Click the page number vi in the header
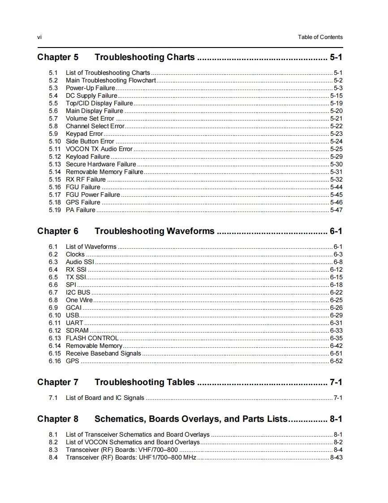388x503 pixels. pyautogui.click(x=39, y=37)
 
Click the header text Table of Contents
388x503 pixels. pyautogui.click(x=320, y=37)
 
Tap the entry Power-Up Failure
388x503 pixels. pyautogui.click(x=90, y=88)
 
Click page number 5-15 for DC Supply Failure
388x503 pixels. pyautogui.click(x=336, y=95)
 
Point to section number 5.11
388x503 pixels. pyautogui.click(x=55, y=149)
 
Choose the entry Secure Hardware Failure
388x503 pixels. pyautogui.click(x=101, y=164)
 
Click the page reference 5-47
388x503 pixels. pyautogui.click(x=336, y=210)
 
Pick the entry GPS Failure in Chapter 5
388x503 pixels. pyautogui.click(x=83, y=202)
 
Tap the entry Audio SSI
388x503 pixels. pyautogui.click(x=80, y=262)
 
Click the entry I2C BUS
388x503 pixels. pyautogui.click(x=78, y=292)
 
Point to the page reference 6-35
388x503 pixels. pyautogui.click(x=336, y=338)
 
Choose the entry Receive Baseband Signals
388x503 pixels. pyautogui.click(x=103, y=353)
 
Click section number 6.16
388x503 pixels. pyautogui.click(x=55, y=361)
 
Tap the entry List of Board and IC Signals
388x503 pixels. pyautogui.click(x=105, y=398)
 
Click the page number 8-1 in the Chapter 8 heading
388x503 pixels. pyautogui.click(x=336, y=419)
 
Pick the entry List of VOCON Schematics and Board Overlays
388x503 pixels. pyautogui.click(x=133, y=442)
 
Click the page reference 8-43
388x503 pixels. pyautogui.click(x=336, y=457)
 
